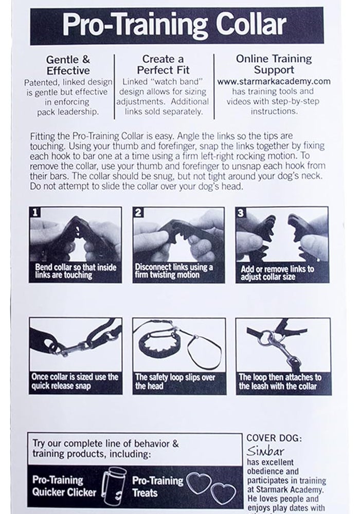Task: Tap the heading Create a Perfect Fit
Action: [x=163, y=65]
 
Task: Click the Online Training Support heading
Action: [x=273, y=64]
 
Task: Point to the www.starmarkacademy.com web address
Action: [x=273, y=81]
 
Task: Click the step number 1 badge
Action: [x=35, y=212]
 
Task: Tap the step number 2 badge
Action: [x=138, y=212]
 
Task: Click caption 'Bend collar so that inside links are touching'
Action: [x=76, y=271]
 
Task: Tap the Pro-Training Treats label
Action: [x=158, y=486]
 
